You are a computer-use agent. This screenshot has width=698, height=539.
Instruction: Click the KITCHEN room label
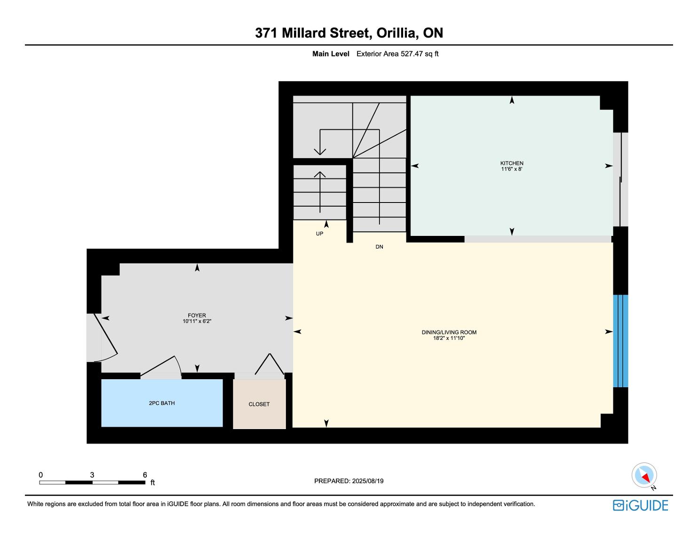point(512,163)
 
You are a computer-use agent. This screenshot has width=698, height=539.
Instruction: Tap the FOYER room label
point(197,315)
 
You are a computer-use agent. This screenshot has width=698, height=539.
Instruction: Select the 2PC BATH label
point(162,403)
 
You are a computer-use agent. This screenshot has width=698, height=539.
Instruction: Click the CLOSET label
point(259,404)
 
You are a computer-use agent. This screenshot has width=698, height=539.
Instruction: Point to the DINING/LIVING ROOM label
point(449,332)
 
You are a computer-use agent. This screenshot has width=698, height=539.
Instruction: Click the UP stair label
point(319,234)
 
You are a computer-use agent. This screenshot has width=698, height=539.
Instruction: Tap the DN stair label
point(380,247)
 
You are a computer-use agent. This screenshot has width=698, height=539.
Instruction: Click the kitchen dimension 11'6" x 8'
point(512,169)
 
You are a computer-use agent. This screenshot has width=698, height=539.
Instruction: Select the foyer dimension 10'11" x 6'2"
point(197,321)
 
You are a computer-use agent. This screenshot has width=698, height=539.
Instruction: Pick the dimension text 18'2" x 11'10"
point(449,338)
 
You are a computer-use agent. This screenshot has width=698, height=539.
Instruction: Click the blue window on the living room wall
point(620,341)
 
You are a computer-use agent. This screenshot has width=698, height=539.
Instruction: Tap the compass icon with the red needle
point(644,475)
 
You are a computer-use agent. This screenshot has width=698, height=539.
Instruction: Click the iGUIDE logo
point(641,506)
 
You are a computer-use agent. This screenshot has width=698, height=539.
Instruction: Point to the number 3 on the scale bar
point(92,475)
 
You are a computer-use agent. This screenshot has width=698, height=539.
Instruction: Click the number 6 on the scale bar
point(145,475)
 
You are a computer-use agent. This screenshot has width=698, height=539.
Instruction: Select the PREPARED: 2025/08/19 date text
point(349,481)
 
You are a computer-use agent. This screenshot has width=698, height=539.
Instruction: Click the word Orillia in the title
point(397,33)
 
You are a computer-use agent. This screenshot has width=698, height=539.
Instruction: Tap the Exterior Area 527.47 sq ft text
point(397,54)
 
